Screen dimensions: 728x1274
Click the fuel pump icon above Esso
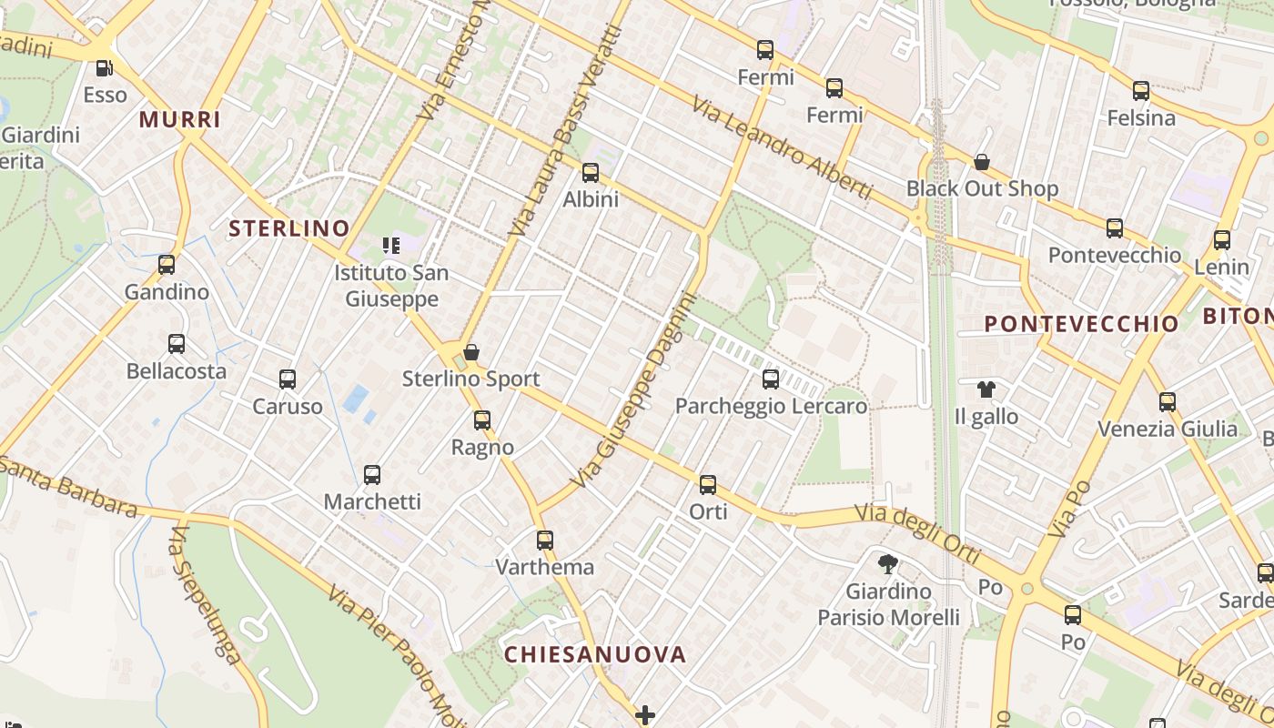105,67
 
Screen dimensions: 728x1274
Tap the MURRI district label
180,119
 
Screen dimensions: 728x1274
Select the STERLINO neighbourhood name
288,228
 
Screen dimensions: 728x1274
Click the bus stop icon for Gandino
167,265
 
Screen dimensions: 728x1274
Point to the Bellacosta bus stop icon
177,344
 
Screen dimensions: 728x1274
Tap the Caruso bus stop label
288,406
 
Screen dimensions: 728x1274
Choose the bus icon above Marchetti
372,474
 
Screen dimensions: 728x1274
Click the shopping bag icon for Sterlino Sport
471,352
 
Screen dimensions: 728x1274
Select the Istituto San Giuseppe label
391,285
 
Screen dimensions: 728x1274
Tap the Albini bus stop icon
591,172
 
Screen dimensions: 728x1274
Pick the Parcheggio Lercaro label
771,406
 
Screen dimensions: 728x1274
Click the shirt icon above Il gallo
986,389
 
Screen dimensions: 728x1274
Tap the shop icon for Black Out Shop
982,162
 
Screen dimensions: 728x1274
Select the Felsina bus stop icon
1141,91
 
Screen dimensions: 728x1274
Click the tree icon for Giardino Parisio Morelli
888,564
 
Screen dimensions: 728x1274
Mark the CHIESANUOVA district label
595,654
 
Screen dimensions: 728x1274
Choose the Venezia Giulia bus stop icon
1168,401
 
